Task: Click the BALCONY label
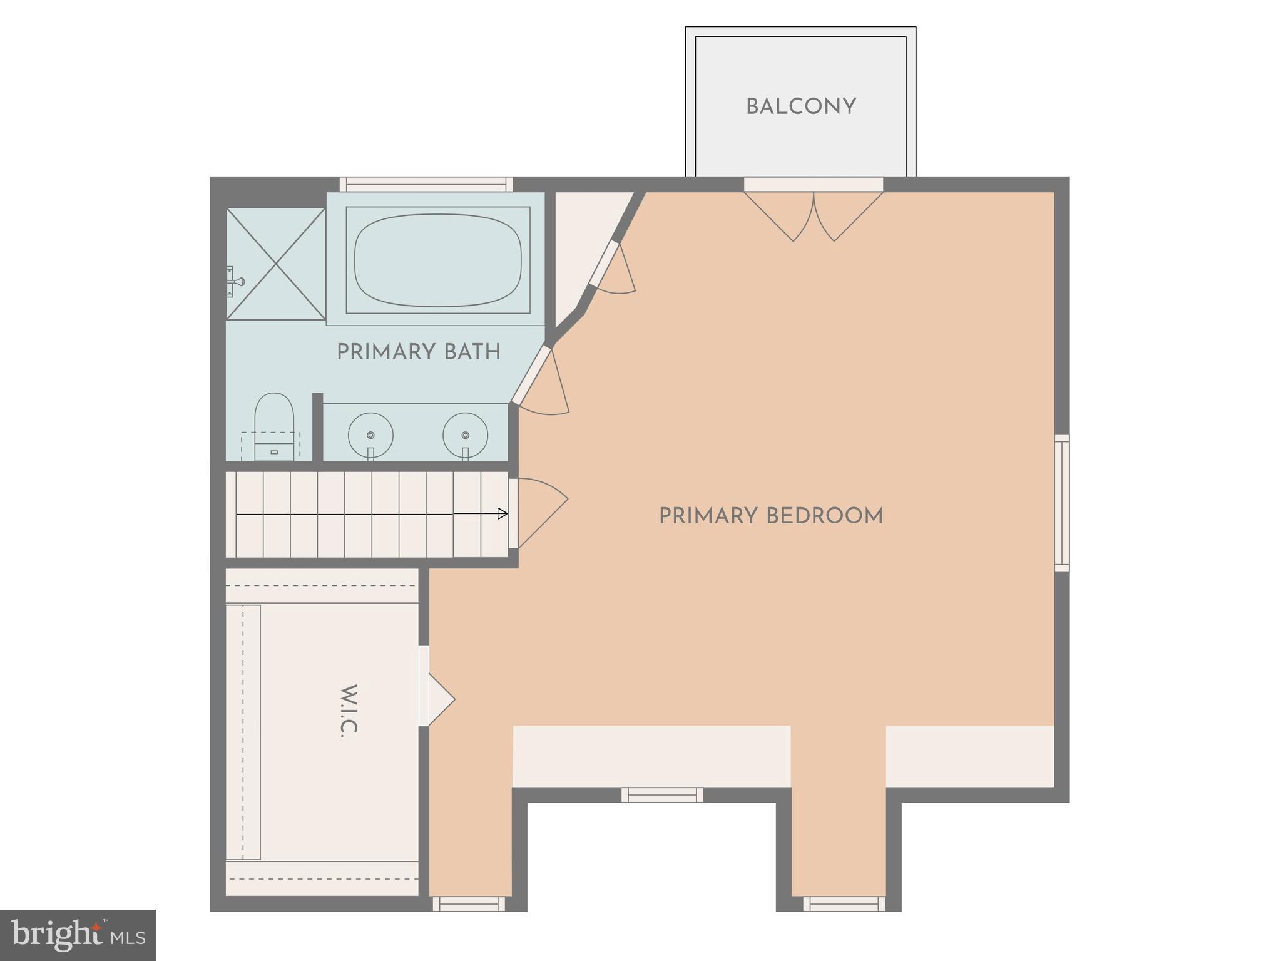(x=800, y=107)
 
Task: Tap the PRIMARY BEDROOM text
(x=770, y=516)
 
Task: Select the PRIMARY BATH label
(x=418, y=352)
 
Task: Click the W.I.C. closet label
(x=349, y=710)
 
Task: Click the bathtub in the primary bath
(x=437, y=260)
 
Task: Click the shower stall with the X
(x=275, y=264)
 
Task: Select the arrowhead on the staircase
(x=502, y=514)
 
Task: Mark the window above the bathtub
(x=426, y=184)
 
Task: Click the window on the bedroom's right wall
(x=1061, y=503)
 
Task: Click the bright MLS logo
(x=78, y=935)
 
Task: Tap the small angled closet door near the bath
(x=613, y=269)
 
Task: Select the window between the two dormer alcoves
(x=662, y=795)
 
